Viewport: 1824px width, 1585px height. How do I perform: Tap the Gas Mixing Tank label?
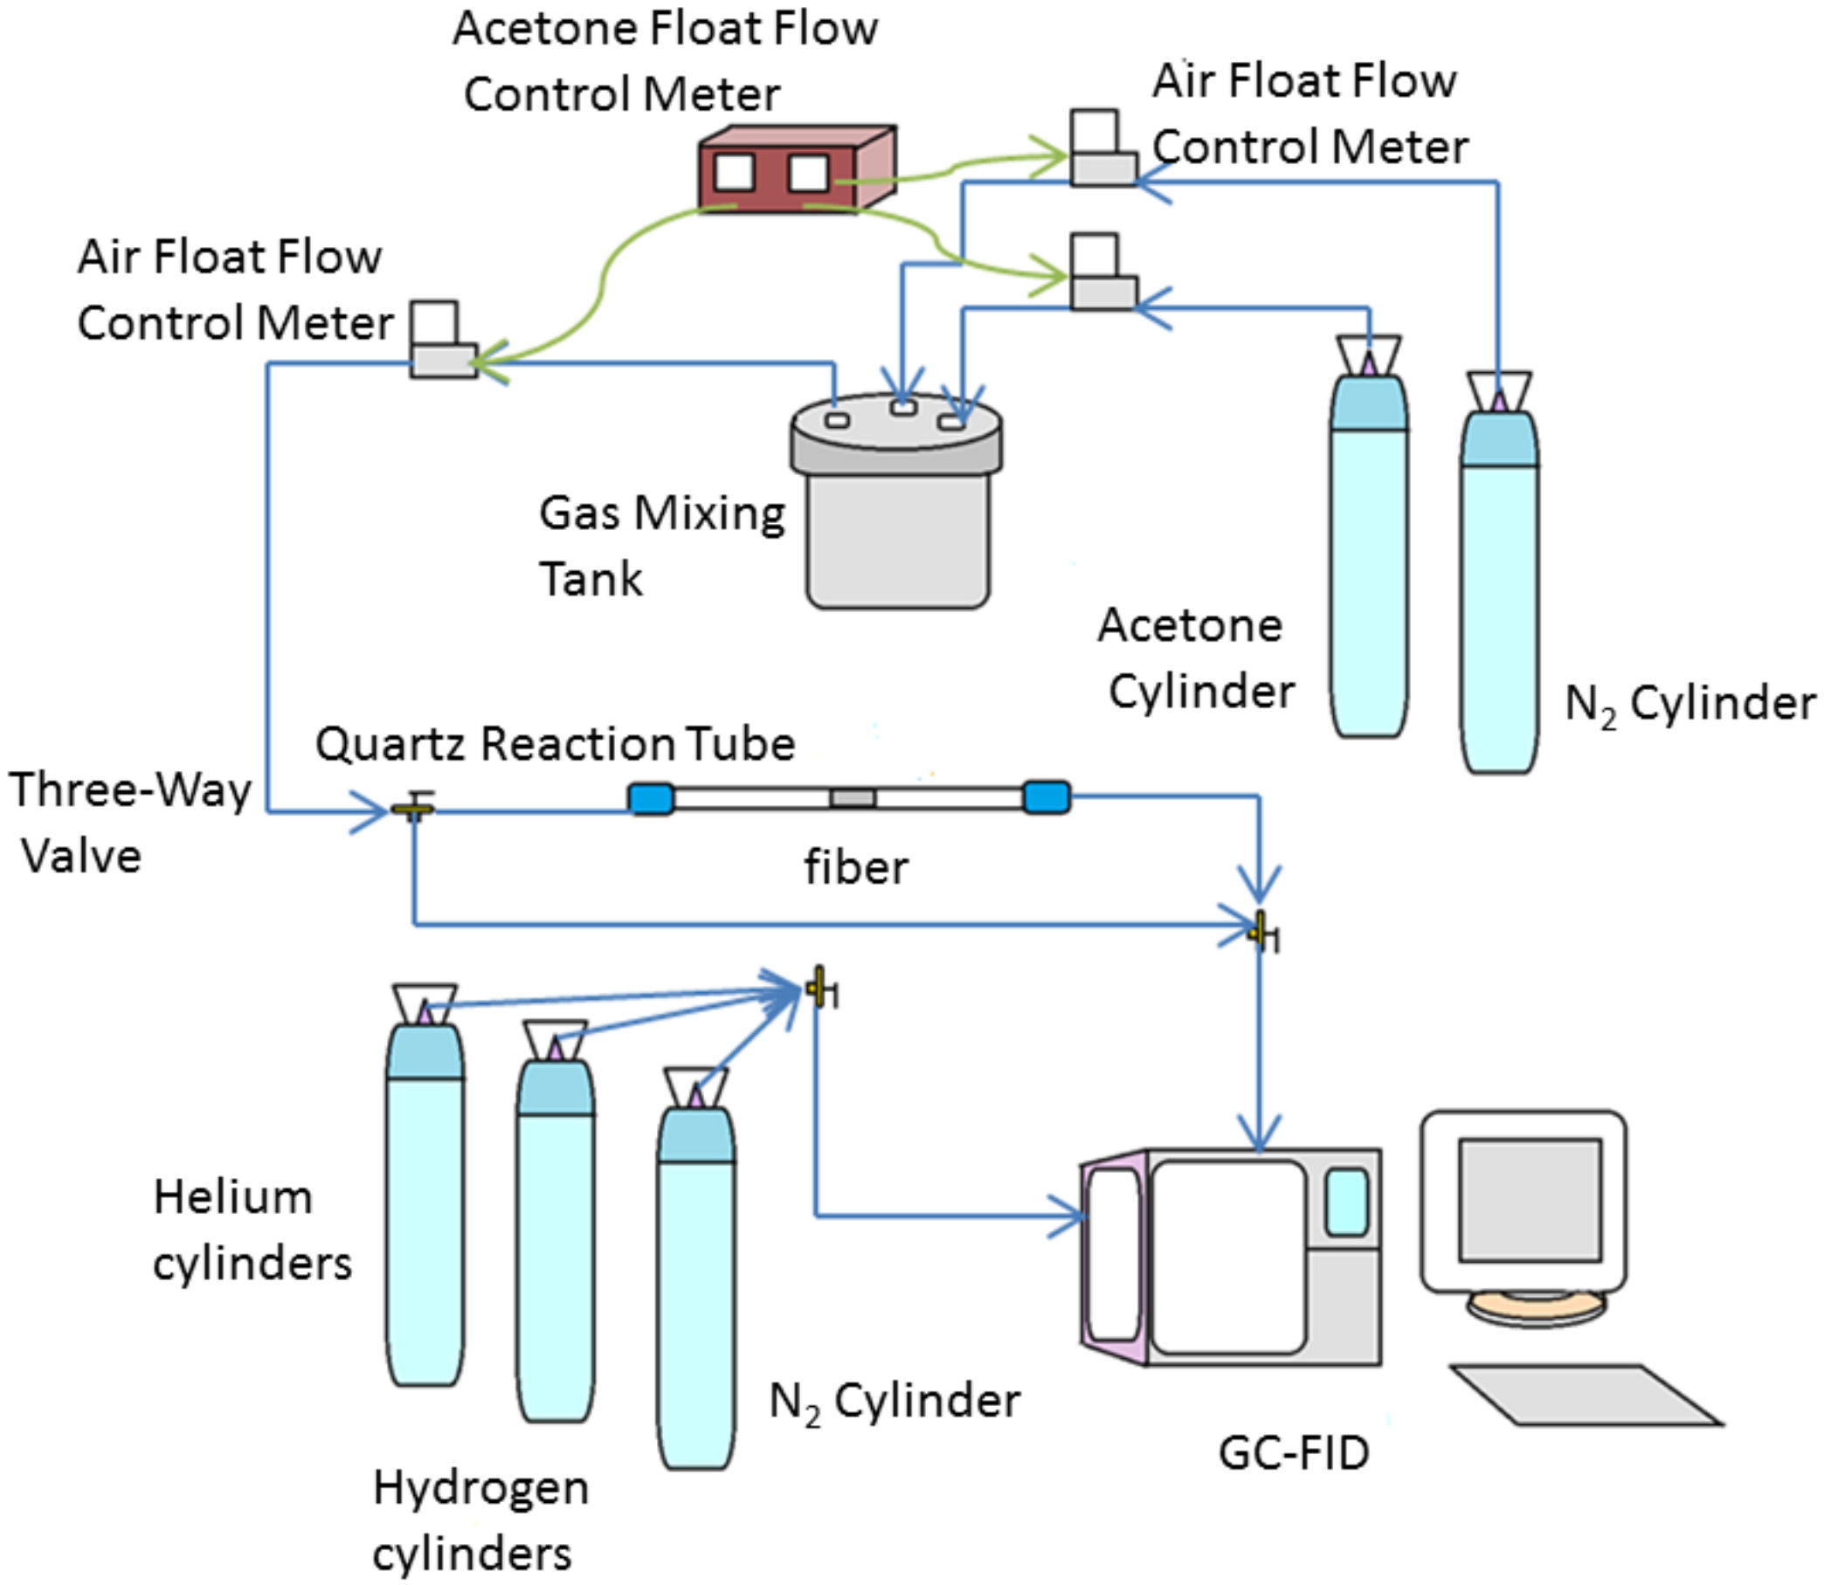pyautogui.click(x=661, y=545)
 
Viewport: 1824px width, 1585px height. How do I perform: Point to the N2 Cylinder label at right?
pyautogui.click(x=1689, y=704)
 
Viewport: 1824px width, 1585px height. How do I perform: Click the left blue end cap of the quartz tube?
pyautogui.click(x=651, y=799)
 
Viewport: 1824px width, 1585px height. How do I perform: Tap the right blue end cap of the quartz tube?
pyautogui.click(x=1047, y=797)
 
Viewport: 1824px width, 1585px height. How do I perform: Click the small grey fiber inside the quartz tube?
pyautogui.click(x=853, y=799)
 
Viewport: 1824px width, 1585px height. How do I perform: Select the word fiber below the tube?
pyautogui.click(x=855, y=867)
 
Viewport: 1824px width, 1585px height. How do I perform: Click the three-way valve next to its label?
pyautogui.click(x=413, y=808)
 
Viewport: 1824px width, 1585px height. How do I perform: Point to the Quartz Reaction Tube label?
pyautogui.click(x=555, y=743)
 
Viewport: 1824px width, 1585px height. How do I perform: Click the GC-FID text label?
pyautogui.click(x=1293, y=1452)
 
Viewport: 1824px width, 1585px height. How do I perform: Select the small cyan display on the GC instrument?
pyautogui.click(x=1345, y=1202)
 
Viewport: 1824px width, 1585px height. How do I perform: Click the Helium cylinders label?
pyautogui.click(x=252, y=1230)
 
